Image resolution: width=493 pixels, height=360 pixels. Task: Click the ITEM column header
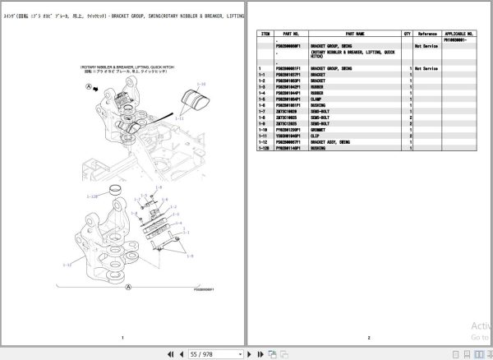(265, 34)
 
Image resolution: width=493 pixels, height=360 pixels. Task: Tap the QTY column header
(407, 34)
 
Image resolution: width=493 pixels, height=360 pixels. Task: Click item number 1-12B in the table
(265, 146)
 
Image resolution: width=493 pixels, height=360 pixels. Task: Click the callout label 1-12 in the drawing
(67, 265)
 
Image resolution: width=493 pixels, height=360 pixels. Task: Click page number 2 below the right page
(369, 338)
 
